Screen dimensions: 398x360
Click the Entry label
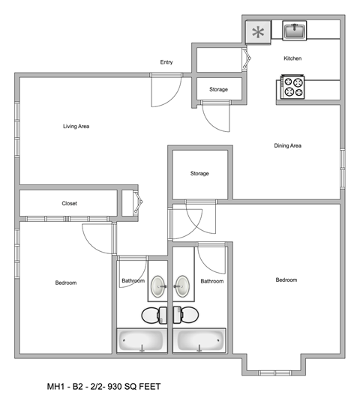tap(166, 62)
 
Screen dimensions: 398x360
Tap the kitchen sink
tap(293, 31)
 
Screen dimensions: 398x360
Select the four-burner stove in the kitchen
tap(292, 88)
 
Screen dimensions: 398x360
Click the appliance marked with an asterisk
tap(259, 32)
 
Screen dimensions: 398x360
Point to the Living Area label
tap(76, 127)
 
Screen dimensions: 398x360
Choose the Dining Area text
tap(287, 145)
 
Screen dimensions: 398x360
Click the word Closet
tap(69, 203)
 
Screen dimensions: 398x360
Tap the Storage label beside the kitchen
tap(218, 90)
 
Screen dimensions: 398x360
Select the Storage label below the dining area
tap(199, 174)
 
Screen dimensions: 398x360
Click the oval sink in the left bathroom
tap(159, 285)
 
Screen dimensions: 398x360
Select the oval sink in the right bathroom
tap(182, 285)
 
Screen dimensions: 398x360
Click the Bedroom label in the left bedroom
tap(66, 283)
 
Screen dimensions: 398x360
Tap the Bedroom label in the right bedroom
tap(286, 280)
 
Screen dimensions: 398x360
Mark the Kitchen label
tap(292, 58)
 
